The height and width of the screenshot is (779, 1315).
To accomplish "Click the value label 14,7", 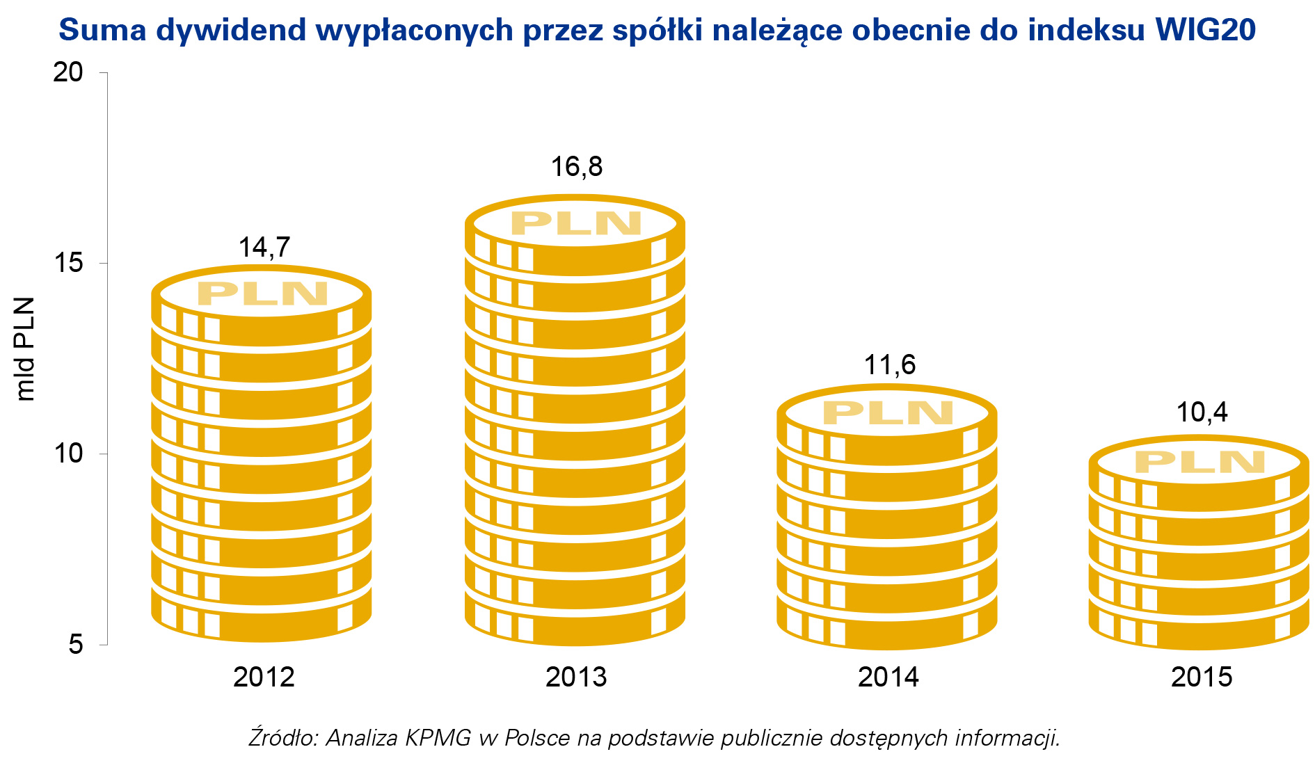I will pos(264,248).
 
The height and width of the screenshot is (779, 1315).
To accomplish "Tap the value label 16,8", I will pos(576,167).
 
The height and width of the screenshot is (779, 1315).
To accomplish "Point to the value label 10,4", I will pos(1202,412).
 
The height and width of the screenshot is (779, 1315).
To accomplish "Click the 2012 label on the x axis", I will pos(264,677).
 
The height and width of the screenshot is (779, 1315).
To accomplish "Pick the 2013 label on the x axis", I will pos(576,677).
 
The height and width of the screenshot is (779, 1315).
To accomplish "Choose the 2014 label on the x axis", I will pos(888,677).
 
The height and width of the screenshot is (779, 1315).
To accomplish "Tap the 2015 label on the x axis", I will pos(1202,677).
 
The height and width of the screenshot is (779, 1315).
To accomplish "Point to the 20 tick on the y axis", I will pos(68,72).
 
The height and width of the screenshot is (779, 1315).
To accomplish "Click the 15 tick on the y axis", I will pos(68,263).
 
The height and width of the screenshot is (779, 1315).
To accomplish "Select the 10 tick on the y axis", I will pos(68,453).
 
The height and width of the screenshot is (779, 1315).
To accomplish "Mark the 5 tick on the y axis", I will pos(76,644).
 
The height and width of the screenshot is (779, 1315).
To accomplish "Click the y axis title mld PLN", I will pos(26,349).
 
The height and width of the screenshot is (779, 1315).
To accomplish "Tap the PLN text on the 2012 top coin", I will pos(262,294).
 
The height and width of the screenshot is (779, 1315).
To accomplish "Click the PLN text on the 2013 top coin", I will pos(576,223).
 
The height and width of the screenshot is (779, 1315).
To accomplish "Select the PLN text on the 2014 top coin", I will pos(888,413).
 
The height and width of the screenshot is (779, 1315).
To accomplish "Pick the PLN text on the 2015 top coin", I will pos(1200,463).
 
